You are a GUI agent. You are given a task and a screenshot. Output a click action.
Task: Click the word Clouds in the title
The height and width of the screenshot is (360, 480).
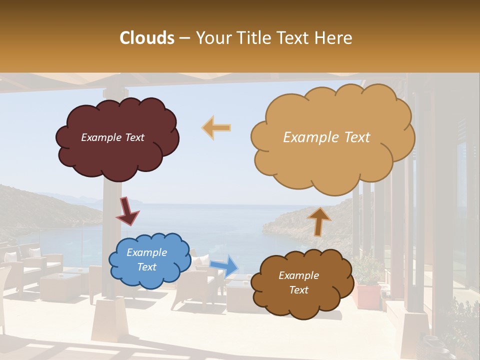[147, 37]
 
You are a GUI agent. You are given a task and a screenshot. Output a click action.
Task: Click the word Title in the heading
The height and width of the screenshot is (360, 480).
[250, 37]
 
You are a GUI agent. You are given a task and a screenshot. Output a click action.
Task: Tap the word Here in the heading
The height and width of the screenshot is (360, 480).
[333, 37]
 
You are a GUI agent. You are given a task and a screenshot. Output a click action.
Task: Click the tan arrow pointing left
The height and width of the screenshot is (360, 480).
[216, 128]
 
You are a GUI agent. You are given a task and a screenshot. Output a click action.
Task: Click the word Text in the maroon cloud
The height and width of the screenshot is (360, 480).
[134, 137]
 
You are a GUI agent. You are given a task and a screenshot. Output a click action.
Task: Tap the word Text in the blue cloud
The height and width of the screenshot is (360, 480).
[147, 267]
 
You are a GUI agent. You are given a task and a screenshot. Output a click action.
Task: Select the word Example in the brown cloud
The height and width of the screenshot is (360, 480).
[298, 275]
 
